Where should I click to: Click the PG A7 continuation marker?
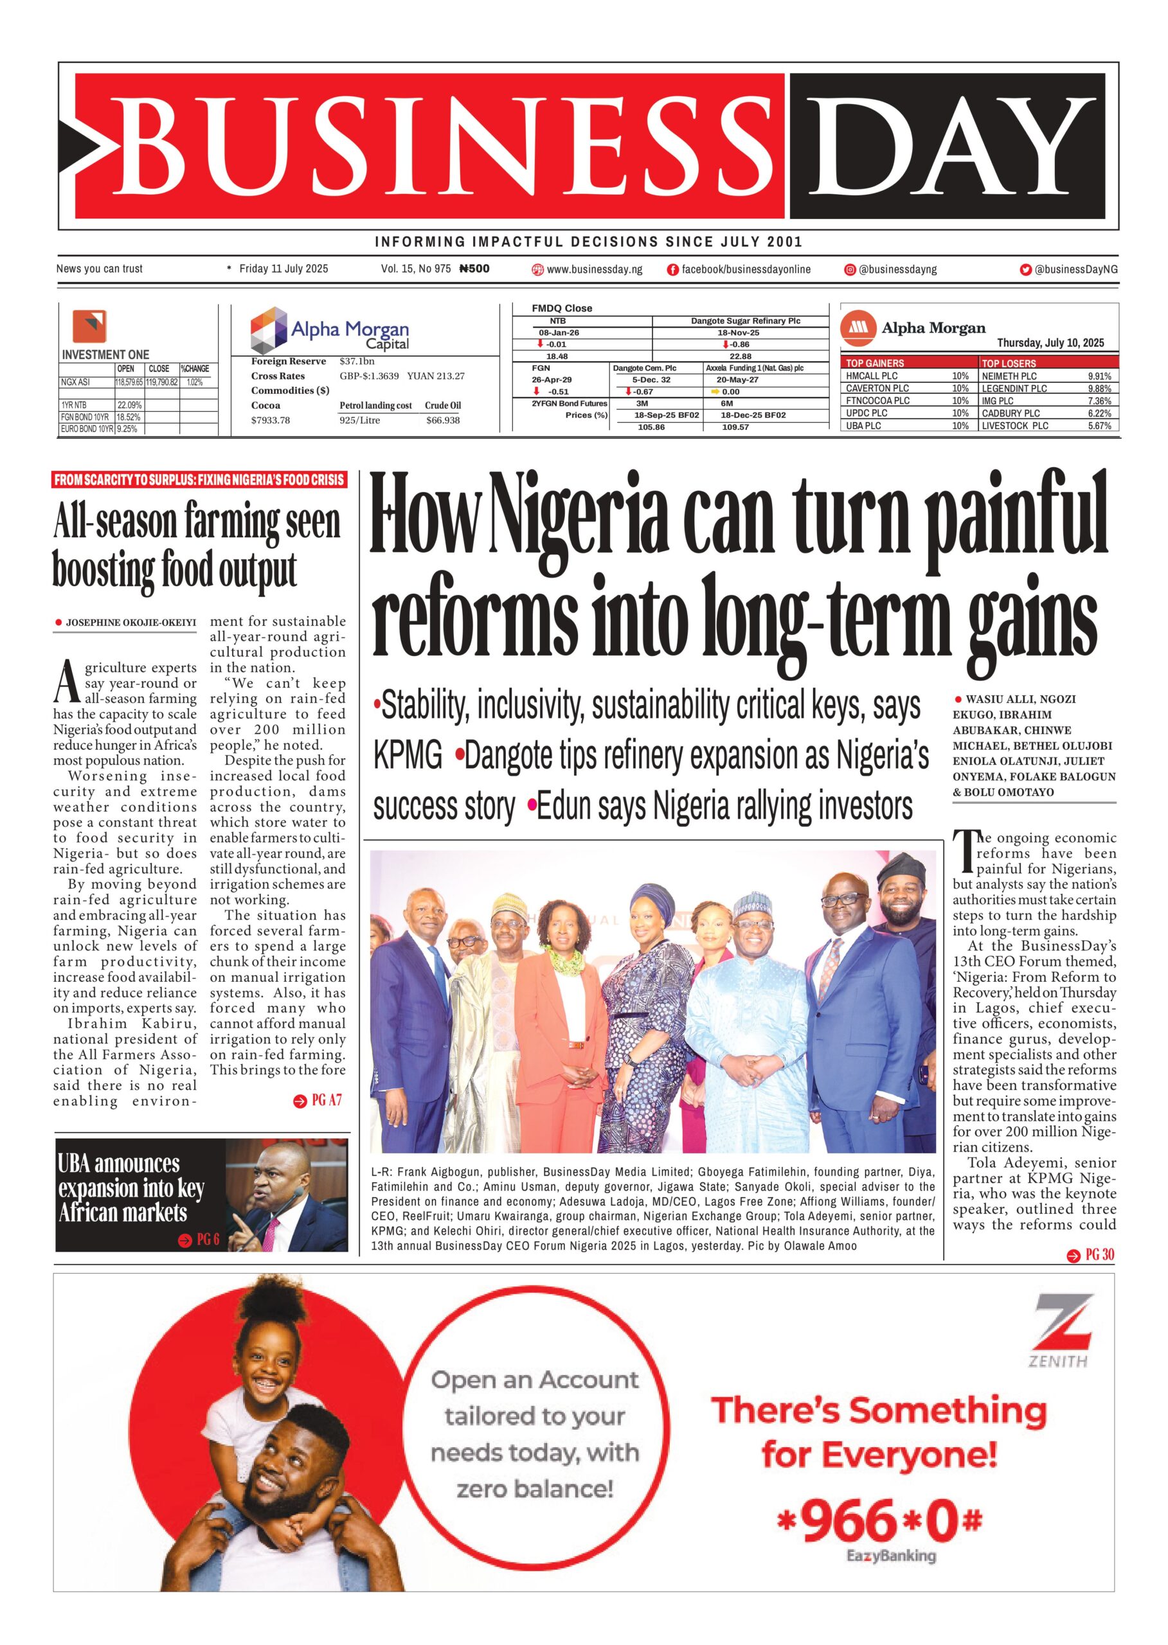click(318, 1101)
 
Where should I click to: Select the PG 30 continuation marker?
click(1091, 1254)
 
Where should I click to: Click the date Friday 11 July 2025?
click(283, 269)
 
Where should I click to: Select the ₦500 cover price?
click(474, 269)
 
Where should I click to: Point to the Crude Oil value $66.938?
click(443, 421)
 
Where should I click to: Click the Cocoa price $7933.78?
click(271, 421)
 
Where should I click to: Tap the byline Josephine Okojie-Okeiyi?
click(130, 623)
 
